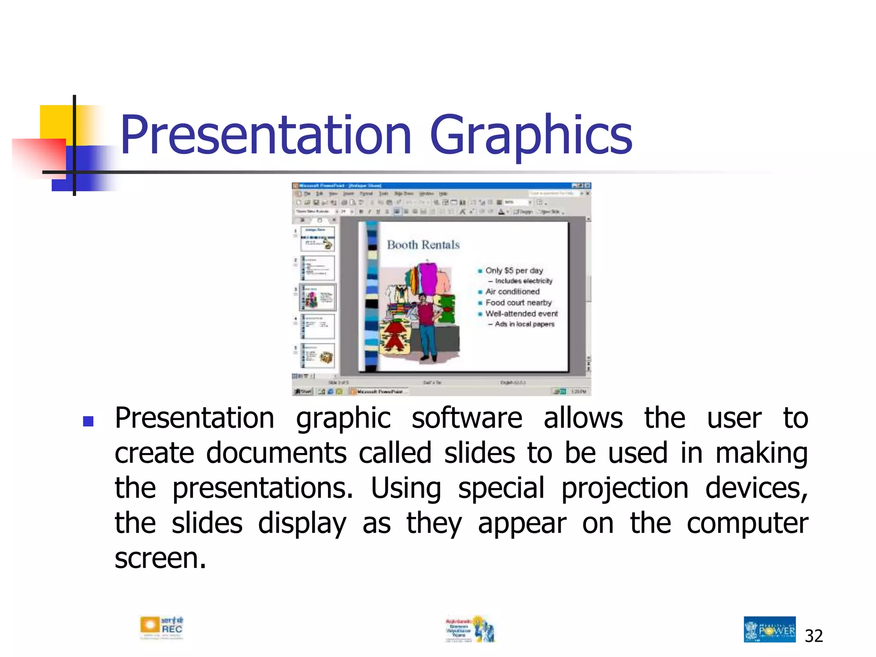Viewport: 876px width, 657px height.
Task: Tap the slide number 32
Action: [x=814, y=636]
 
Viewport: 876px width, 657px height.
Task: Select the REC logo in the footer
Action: [x=162, y=627]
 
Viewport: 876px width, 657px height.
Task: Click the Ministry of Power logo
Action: [x=769, y=629]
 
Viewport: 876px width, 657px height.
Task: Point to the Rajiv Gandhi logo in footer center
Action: [x=470, y=629]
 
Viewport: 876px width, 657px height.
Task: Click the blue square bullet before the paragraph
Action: [x=88, y=422]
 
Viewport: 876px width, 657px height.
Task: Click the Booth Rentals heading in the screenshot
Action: [x=423, y=245]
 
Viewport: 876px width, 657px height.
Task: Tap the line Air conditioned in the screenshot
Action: [x=512, y=292]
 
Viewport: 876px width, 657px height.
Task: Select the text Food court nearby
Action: [x=518, y=303]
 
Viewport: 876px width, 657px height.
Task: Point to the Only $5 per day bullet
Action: [x=514, y=271]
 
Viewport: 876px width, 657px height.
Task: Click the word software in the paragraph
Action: [x=467, y=418]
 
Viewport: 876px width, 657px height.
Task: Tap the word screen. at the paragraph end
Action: [x=160, y=559]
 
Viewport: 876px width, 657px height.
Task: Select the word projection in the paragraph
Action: [x=624, y=488]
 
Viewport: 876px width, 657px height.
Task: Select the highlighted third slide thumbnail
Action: [x=318, y=297]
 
